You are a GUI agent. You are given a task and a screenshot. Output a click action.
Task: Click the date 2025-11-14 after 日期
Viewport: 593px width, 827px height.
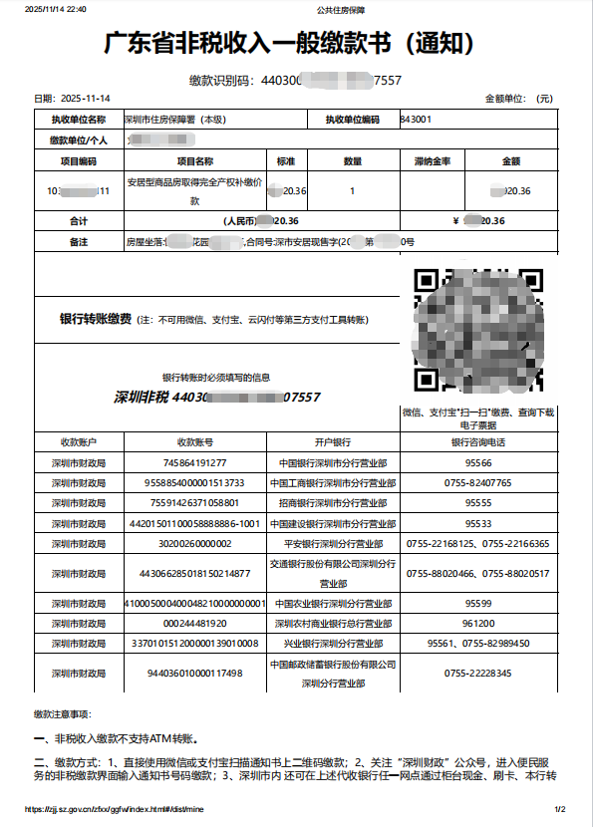point(87,99)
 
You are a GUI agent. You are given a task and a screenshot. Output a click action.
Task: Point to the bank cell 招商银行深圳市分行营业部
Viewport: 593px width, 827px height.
point(334,502)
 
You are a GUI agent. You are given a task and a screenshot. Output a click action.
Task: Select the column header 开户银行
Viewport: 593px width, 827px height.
point(334,441)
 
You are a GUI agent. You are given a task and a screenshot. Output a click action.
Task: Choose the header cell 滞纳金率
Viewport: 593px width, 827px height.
point(432,160)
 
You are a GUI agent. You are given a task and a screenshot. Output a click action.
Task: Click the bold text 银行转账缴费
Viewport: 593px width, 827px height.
point(96,319)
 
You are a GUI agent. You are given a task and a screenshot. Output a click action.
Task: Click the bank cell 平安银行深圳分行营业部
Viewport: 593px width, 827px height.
point(334,543)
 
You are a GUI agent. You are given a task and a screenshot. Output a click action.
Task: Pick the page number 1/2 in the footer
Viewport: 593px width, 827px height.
point(559,809)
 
